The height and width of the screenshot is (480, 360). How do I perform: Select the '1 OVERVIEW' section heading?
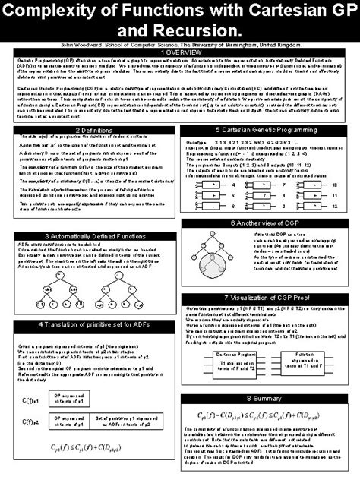pos(179,52)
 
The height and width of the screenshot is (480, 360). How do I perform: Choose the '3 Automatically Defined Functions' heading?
pos(93,236)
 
